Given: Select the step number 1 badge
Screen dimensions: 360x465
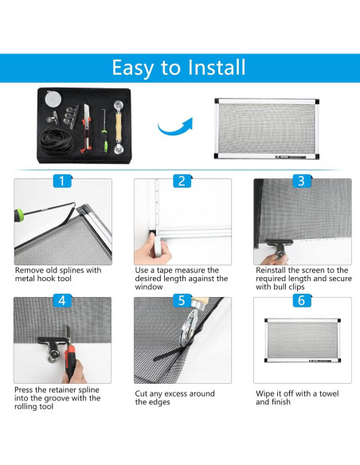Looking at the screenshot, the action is click(62, 181).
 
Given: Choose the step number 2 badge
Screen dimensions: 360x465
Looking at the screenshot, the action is click(182, 181).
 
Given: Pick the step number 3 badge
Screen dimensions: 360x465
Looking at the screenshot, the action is click(302, 181).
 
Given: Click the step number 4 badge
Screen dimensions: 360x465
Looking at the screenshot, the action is click(62, 300).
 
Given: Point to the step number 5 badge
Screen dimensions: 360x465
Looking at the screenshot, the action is click(182, 300).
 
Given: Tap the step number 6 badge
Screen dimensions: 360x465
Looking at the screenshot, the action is click(302, 300).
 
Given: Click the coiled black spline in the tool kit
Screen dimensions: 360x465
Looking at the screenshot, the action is click(57, 141).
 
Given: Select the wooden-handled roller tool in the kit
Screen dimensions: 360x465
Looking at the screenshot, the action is click(119, 127).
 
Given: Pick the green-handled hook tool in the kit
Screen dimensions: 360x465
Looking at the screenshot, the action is click(104, 131).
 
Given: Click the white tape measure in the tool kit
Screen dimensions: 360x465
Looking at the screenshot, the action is click(53, 99).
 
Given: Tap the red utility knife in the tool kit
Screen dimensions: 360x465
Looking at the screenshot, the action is click(86, 128).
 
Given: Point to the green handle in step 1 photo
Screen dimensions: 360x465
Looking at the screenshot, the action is click(18, 213).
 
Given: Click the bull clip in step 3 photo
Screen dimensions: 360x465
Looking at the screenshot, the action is click(279, 248).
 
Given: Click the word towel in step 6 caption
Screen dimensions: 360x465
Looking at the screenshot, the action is click(329, 393).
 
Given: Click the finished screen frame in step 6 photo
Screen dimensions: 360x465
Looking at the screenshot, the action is click(303, 341).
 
